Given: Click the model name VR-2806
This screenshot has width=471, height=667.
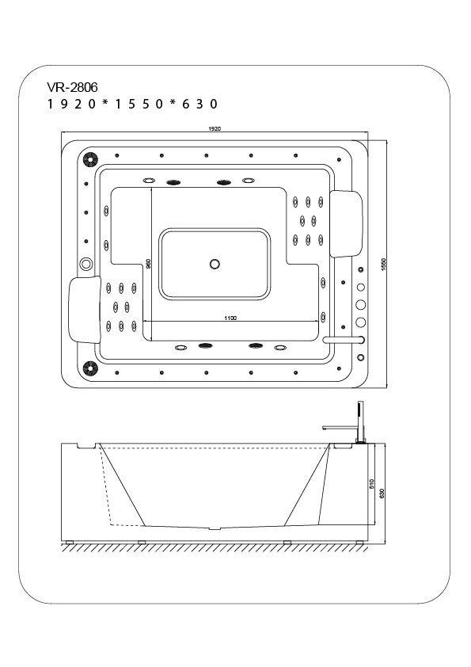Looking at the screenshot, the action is [x=72, y=87].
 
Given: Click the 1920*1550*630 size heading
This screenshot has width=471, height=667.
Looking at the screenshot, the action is [x=133, y=105].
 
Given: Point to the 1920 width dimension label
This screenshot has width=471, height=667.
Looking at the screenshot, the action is [x=215, y=128].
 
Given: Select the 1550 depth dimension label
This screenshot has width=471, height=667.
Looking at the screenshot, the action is [x=383, y=265].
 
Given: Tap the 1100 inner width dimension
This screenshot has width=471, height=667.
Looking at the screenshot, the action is [x=230, y=318].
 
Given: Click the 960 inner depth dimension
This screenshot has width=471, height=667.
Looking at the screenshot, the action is [x=148, y=264].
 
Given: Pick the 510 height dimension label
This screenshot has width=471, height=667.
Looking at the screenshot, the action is [x=371, y=484].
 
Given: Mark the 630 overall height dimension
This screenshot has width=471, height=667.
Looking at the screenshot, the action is [x=382, y=493].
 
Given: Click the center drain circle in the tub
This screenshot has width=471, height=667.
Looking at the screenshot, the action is [x=215, y=264].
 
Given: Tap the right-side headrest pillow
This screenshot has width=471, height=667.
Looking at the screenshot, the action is [x=346, y=224].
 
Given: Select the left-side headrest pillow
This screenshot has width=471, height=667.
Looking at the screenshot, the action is [x=85, y=309].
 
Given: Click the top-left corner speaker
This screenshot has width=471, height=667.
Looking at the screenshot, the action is [x=90, y=159].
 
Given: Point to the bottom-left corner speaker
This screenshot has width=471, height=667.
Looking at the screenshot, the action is [x=90, y=368].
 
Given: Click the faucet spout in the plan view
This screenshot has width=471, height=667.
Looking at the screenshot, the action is [x=344, y=340].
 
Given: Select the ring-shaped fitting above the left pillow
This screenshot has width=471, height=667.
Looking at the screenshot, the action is [x=85, y=264].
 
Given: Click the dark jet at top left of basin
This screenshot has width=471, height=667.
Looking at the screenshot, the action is [x=173, y=182].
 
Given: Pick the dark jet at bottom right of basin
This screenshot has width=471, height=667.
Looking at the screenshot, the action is [x=256, y=346].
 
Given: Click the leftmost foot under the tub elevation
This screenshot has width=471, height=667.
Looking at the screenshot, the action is [x=68, y=543].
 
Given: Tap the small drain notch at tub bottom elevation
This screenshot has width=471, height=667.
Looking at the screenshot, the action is [x=215, y=528].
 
